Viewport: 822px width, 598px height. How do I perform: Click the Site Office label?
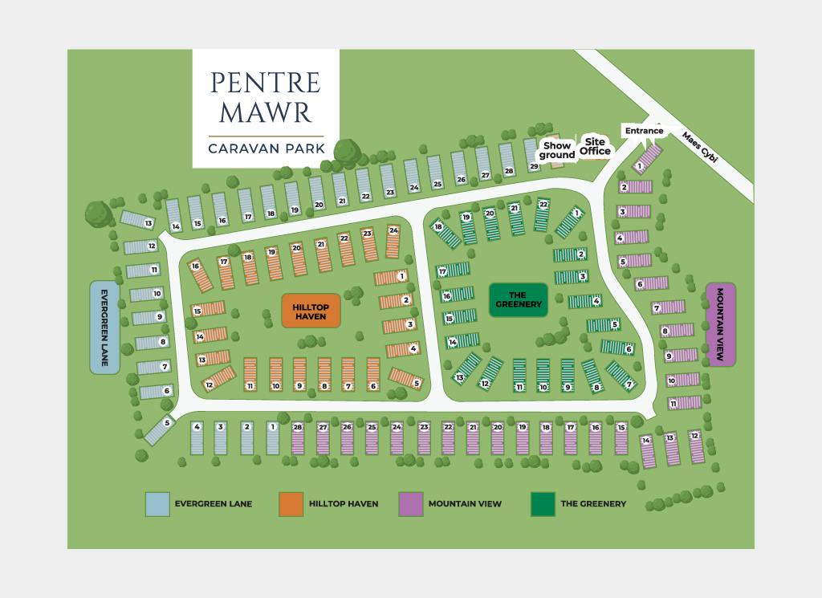click(596, 145)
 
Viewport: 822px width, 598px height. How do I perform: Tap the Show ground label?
click(557, 150)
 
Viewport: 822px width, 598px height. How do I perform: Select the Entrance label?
click(645, 131)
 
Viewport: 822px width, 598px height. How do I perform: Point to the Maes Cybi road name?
click(699, 148)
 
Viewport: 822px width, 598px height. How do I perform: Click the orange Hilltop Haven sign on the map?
click(311, 311)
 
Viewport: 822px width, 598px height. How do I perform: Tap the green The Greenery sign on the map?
click(519, 300)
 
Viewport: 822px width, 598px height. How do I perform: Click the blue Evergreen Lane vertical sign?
click(104, 327)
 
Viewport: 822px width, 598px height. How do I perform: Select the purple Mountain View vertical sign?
click(720, 324)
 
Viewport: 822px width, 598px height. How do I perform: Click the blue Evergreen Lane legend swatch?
click(157, 504)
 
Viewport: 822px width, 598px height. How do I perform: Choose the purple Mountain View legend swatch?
click(410, 504)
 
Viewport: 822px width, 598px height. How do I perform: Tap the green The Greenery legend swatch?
click(543, 504)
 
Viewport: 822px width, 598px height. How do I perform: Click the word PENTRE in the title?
click(265, 82)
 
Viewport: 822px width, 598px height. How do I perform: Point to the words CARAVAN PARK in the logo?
click(266, 148)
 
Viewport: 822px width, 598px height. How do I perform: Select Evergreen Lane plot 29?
click(532, 155)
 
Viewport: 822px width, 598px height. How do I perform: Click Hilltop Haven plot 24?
click(393, 242)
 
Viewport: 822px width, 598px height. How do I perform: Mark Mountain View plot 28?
click(299, 438)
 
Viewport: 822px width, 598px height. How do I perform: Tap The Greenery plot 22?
click(543, 214)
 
